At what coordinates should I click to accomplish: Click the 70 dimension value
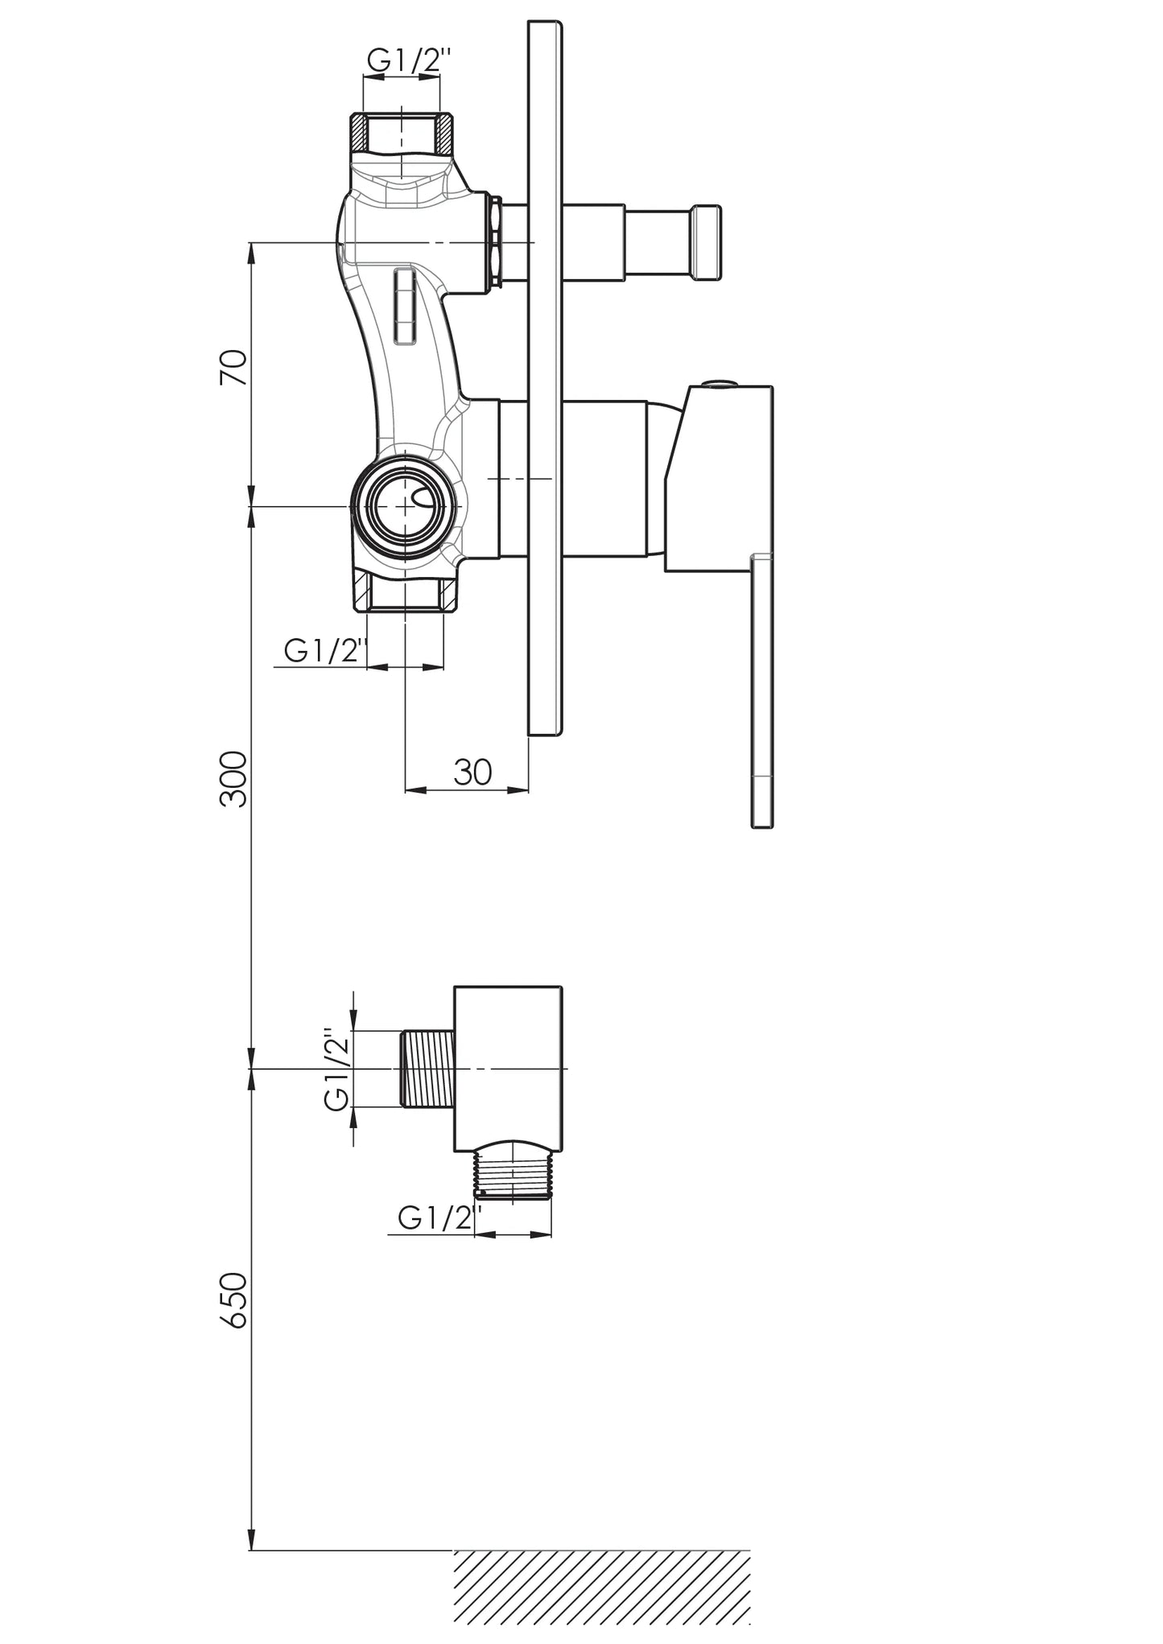233,368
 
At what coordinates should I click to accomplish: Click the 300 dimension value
233,778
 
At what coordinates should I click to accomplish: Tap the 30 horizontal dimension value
472,772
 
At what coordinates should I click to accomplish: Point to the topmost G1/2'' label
410,61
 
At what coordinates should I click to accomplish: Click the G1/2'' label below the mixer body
326,649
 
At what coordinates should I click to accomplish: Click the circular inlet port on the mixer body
405,505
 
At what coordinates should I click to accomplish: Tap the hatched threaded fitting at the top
401,133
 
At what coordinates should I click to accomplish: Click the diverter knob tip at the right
705,243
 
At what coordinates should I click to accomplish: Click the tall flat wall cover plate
545,378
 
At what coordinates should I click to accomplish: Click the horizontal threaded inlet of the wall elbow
427,1069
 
